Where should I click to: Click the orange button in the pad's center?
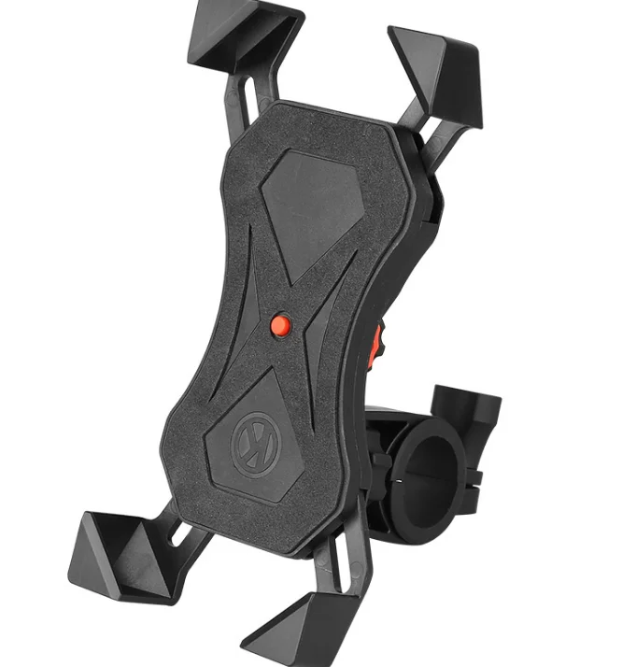(x=279, y=323)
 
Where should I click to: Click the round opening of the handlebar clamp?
(x=433, y=465)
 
